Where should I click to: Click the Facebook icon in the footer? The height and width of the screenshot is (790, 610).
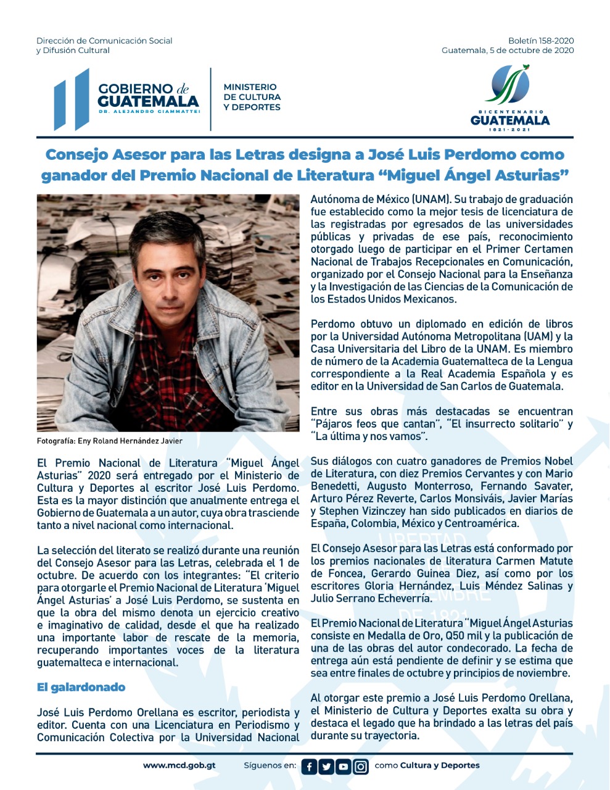[x=309, y=767]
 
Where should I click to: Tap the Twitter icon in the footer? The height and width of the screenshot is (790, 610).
[x=326, y=767]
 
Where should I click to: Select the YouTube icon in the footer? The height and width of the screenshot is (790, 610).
[x=344, y=767]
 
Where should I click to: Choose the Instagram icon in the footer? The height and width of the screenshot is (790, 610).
[x=361, y=767]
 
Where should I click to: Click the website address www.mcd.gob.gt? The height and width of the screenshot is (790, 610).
[x=179, y=765]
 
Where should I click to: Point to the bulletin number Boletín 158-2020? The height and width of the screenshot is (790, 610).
[x=541, y=41]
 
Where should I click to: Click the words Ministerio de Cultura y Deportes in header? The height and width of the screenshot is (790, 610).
[x=252, y=97]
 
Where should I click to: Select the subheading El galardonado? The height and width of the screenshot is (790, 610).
[x=81, y=687]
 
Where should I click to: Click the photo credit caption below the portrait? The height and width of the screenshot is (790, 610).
[x=109, y=441]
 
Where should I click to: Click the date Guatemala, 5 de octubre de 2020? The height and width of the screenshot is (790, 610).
[x=507, y=51]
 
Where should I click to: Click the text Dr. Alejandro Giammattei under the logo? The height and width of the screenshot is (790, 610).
[x=149, y=112]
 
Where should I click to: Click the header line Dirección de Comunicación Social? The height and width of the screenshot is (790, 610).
[x=104, y=41]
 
